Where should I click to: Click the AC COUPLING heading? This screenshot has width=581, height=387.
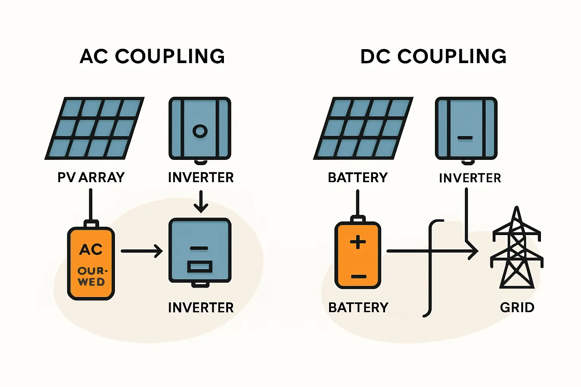click(x=152, y=57)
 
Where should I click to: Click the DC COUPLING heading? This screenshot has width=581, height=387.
click(x=433, y=57)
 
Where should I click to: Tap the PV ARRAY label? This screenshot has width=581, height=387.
click(x=91, y=177)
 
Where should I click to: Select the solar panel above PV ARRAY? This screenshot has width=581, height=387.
click(x=95, y=128)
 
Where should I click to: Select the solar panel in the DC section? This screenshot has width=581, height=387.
click(x=363, y=128)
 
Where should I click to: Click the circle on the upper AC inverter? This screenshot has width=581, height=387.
click(x=200, y=131)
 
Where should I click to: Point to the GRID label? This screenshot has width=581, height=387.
click(x=517, y=307)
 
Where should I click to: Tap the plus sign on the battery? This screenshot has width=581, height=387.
click(x=358, y=242)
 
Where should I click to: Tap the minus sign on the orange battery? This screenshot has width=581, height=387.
click(x=358, y=277)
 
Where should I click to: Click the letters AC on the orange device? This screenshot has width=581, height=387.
click(x=91, y=249)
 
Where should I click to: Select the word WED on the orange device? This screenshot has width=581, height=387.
click(x=91, y=282)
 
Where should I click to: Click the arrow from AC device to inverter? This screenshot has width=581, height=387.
click(x=142, y=251)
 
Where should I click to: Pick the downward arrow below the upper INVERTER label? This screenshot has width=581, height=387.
click(x=201, y=202)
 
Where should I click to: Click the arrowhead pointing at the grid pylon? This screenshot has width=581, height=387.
click(x=474, y=251)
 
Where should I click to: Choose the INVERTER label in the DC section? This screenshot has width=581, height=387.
click(x=470, y=178)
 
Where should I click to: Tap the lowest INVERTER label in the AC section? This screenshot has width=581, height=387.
click(x=201, y=308)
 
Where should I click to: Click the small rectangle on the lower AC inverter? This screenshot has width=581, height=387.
click(x=200, y=267)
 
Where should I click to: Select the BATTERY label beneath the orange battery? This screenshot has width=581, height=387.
click(x=358, y=307)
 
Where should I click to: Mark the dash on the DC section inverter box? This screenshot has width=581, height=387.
click(x=465, y=138)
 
